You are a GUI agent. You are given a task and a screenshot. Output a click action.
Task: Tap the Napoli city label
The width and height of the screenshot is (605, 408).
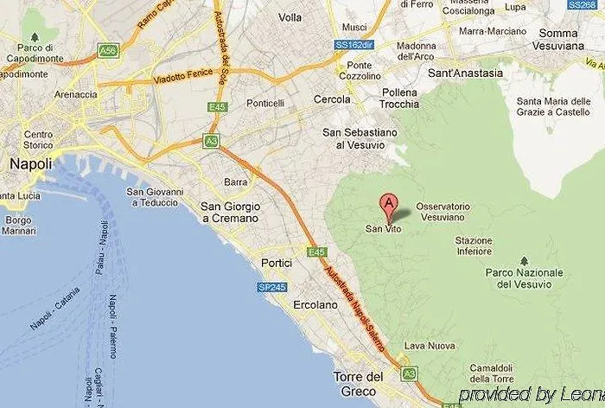29,164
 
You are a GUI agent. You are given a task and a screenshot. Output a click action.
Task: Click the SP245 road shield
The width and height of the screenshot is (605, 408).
271,287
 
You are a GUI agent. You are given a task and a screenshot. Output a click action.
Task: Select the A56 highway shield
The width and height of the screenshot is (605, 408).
108,51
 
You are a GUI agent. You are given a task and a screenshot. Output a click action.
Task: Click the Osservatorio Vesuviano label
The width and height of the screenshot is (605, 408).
443,213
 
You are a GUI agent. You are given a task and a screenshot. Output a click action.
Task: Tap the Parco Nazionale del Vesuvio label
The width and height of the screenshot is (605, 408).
524,278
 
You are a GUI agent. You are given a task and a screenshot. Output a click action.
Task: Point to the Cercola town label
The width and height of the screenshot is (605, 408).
333,99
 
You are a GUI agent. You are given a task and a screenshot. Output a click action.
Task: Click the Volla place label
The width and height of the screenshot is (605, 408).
291,16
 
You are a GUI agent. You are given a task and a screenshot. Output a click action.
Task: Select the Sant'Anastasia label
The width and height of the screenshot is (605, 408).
465,73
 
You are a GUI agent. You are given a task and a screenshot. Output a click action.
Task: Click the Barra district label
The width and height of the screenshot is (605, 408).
235,182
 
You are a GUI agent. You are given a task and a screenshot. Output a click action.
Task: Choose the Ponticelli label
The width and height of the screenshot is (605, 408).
265,103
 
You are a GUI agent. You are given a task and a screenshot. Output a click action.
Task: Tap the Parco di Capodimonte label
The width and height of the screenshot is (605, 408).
29,53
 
